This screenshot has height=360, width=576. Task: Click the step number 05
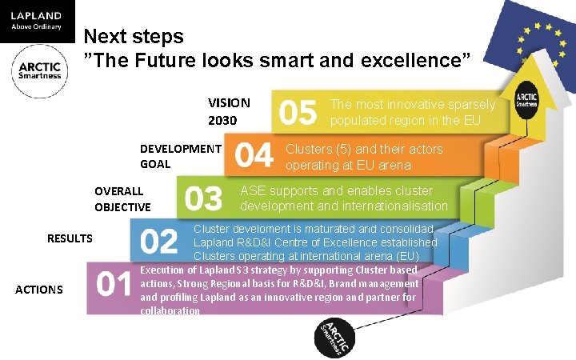(298, 113)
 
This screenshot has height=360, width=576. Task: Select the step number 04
(254, 155)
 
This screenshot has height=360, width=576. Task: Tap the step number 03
(204, 198)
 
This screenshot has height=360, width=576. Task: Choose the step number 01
(114, 285)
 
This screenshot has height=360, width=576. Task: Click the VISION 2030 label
(229, 112)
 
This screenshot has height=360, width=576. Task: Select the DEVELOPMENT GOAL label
(180, 156)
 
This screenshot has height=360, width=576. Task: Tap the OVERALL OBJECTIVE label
(122, 199)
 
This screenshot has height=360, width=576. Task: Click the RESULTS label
(70, 238)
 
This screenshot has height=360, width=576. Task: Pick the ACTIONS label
(39, 290)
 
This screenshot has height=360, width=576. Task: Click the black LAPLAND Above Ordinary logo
(37, 21)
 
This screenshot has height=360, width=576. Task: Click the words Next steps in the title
(134, 36)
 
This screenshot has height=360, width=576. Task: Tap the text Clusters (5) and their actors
(363, 149)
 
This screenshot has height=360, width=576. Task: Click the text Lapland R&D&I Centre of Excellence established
(315, 242)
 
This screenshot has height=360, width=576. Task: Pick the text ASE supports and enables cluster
(336, 191)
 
